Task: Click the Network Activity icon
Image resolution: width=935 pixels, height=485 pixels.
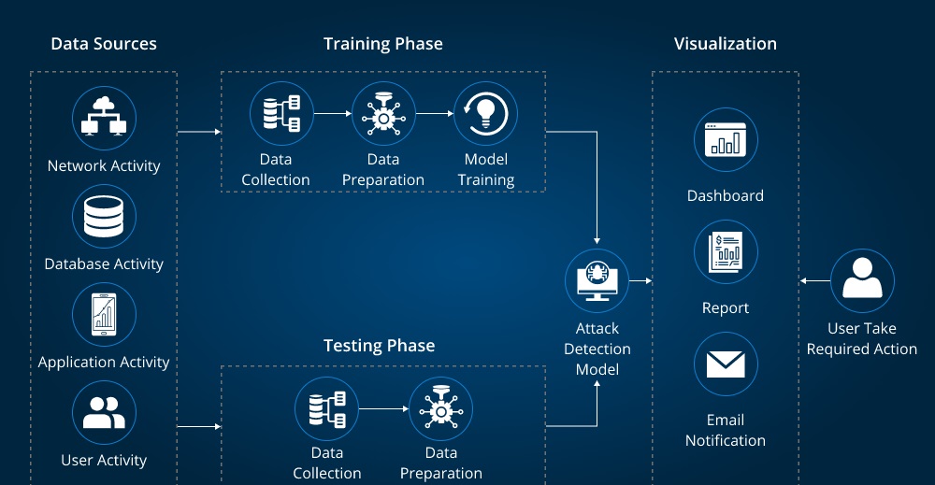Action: (105, 118)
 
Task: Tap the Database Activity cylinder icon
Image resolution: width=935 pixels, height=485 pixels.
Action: (105, 216)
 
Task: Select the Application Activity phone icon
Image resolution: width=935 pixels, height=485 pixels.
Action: (105, 315)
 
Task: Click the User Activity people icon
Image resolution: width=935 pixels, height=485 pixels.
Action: (105, 413)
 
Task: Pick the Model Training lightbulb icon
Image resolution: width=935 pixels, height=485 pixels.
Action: (485, 113)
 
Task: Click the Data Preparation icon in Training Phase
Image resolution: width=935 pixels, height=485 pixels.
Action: (383, 113)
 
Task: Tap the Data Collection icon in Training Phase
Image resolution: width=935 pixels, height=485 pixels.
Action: (281, 113)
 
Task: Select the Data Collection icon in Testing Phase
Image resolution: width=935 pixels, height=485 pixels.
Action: (326, 408)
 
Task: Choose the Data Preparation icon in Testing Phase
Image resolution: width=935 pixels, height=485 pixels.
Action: (440, 408)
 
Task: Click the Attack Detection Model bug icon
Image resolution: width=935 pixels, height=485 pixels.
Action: (597, 280)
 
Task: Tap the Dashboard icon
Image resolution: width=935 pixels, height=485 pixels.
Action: (726, 139)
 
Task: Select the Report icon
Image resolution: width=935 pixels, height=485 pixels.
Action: (726, 252)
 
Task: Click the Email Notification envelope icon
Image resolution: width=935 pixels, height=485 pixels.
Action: (726, 364)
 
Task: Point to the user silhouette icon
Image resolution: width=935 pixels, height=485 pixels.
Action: (862, 280)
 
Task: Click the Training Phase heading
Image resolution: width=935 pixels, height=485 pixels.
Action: (382, 44)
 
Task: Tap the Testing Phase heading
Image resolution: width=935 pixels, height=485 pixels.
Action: (380, 346)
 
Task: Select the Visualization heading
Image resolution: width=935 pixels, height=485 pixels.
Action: (726, 44)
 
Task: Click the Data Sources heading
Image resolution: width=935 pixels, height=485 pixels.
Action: (104, 44)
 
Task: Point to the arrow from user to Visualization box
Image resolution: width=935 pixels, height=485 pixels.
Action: (815, 280)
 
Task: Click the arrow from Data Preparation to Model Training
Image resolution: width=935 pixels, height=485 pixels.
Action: (435, 113)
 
